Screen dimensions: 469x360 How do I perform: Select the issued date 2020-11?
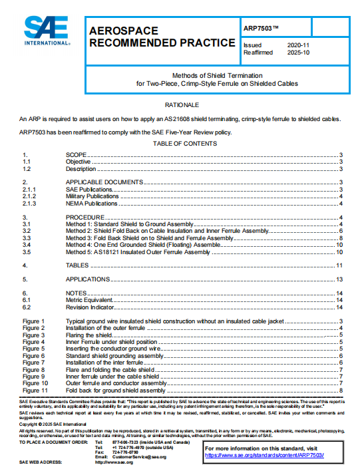click(298, 45)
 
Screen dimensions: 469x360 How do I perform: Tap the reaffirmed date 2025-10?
click(298, 51)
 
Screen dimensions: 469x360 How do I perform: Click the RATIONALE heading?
click(182, 105)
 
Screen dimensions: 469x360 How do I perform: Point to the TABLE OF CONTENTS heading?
click(182, 144)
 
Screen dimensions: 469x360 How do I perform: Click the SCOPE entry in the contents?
click(77, 155)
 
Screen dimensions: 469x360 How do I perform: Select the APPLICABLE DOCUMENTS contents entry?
click(104, 182)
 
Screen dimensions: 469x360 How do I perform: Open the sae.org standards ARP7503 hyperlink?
click(264, 455)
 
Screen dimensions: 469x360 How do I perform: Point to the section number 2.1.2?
click(29, 196)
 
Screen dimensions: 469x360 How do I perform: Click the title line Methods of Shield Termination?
click(217, 76)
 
